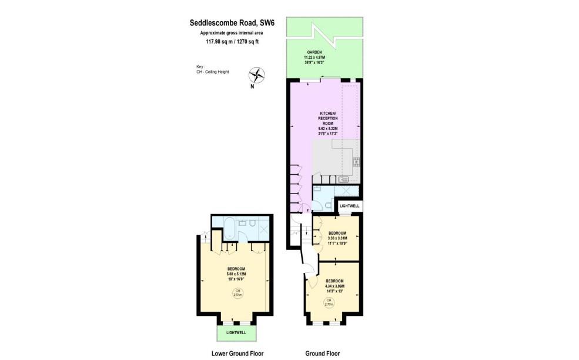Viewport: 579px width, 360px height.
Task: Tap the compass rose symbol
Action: pyautogui.click(x=257, y=75)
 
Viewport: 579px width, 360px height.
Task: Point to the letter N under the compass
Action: pyautogui.click(x=252, y=87)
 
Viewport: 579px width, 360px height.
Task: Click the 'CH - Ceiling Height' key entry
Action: pyautogui.click(x=213, y=72)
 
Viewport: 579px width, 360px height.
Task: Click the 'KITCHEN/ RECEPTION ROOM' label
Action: pyautogui.click(x=327, y=118)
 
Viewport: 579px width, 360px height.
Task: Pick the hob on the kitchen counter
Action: pyautogui.click(x=355, y=161)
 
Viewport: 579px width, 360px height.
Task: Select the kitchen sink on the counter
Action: pyautogui.click(x=344, y=179)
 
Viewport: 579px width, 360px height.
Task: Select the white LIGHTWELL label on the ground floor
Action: pyautogui.click(x=348, y=206)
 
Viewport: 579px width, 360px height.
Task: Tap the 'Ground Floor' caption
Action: pyautogui.click(x=322, y=354)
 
